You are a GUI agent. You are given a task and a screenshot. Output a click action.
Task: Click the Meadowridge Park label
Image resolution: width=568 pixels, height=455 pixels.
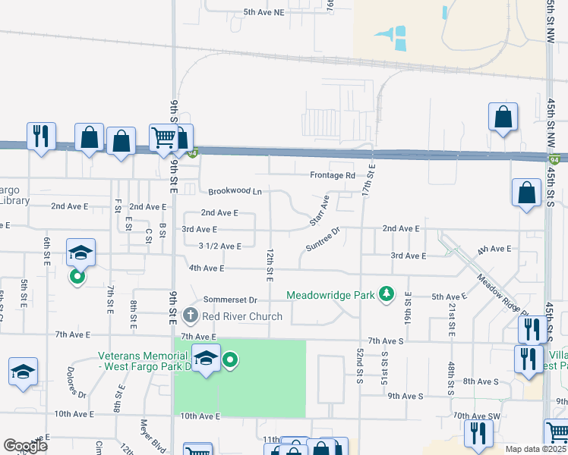332,295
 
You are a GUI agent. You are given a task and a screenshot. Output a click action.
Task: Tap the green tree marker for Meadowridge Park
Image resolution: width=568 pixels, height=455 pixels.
387,293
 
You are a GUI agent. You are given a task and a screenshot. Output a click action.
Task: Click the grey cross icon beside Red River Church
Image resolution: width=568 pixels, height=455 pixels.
190,315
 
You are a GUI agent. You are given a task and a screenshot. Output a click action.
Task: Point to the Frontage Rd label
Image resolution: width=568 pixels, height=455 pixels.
333,175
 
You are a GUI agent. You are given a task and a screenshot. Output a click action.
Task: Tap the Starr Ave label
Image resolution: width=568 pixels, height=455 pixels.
319,212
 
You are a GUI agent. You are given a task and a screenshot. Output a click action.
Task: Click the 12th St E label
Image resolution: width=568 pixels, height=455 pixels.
270,261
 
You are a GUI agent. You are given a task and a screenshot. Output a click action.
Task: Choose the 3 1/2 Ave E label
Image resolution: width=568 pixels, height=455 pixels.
219,246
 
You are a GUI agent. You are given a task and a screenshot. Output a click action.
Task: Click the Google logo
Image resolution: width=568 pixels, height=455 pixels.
26,445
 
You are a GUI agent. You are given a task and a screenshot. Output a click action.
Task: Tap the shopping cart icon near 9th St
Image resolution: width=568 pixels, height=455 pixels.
163,139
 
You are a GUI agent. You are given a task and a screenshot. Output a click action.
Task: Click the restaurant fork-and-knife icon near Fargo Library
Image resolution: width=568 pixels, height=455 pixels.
40,136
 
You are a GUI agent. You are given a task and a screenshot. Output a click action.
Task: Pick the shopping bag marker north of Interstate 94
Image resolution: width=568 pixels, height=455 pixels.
503,117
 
